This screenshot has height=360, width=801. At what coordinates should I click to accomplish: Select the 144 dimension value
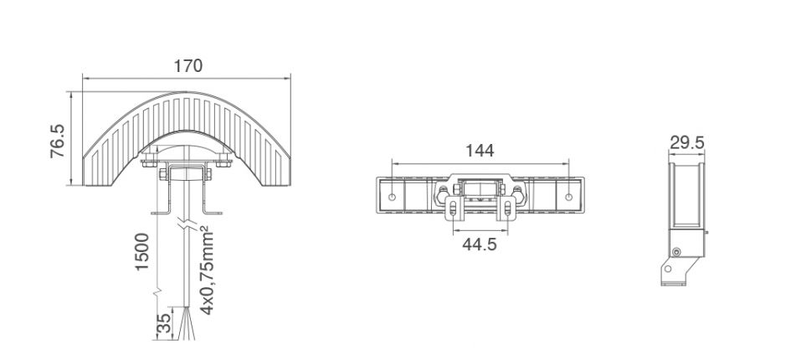(480, 151)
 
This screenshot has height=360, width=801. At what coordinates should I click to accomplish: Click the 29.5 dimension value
(686, 142)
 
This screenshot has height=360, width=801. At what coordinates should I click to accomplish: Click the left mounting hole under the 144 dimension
(393, 198)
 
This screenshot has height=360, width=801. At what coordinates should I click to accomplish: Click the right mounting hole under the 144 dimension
(568, 198)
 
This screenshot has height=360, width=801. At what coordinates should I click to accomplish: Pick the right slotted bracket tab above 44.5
(506, 209)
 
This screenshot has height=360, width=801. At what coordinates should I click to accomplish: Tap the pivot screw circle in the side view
(676, 252)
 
